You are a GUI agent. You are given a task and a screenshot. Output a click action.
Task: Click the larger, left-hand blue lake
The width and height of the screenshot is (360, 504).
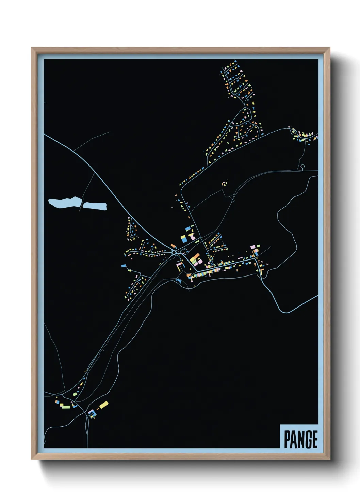coord(64,202)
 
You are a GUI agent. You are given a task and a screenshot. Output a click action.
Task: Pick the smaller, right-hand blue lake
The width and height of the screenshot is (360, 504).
coord(95,206)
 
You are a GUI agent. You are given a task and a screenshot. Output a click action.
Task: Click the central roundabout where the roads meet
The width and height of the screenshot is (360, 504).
coord(174,252)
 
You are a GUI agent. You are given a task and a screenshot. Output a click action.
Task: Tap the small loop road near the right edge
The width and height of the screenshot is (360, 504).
coord(302,167)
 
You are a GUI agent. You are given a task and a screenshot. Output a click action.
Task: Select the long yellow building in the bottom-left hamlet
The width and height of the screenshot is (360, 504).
coord(104,405)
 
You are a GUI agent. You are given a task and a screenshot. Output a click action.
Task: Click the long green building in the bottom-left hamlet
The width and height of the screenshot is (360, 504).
coord(65,406)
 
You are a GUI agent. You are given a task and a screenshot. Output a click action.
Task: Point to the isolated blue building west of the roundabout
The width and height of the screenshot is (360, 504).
coord(123,265)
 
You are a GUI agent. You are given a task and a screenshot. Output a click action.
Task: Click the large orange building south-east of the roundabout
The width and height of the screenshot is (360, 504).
coord(195,257)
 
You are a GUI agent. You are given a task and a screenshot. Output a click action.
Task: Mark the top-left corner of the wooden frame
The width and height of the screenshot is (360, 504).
coord(32,48)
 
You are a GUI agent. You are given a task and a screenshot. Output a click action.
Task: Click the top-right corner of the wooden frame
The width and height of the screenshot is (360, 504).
coord(329,48)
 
